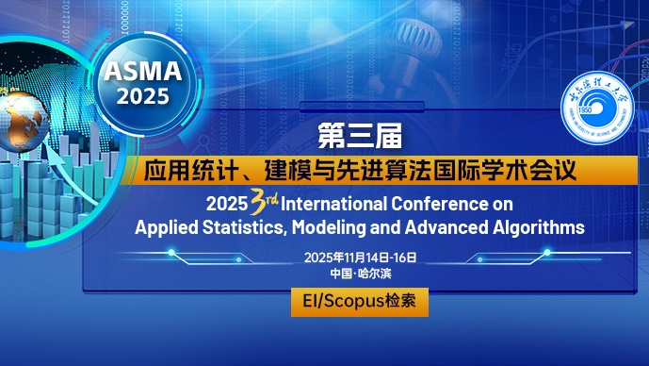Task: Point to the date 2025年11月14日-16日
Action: pos(360,258)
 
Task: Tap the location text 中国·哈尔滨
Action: pos(360,274)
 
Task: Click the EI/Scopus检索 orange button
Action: pos(360,302)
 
